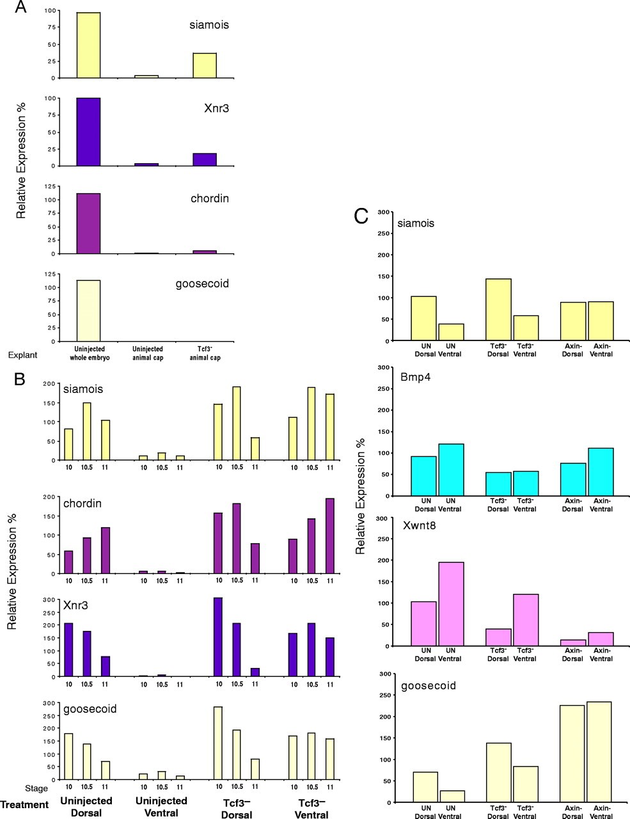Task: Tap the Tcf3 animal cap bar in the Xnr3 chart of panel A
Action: (205, 159)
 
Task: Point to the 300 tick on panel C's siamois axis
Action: (384, 212)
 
